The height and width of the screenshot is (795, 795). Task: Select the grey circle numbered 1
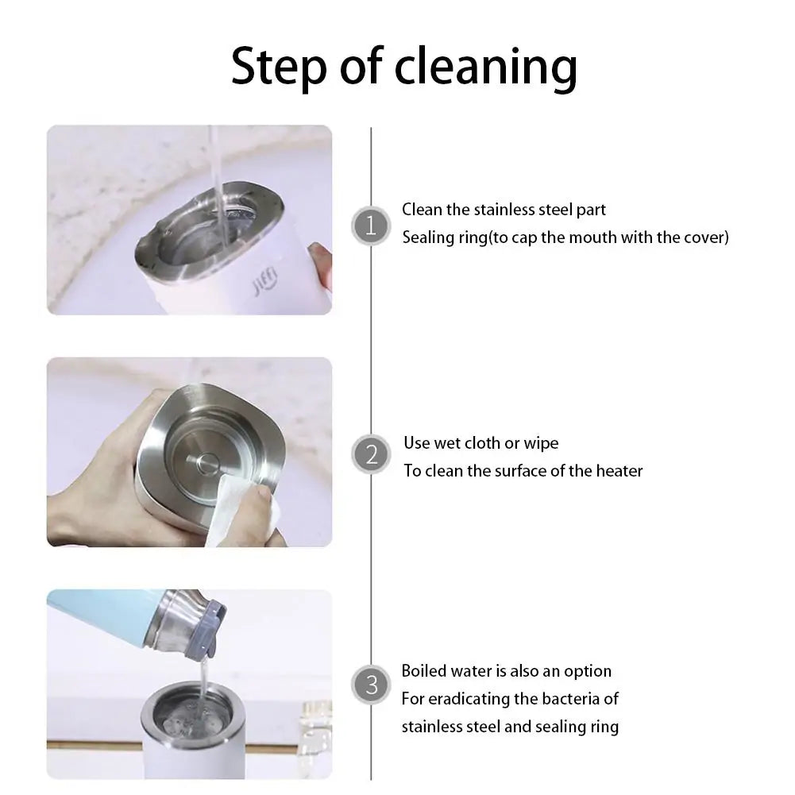point(371,226)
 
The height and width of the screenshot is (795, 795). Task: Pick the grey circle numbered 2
point(371,454)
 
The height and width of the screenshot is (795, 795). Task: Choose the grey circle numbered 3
point(371,685)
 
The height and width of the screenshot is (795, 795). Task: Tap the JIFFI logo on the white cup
point(265,281)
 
